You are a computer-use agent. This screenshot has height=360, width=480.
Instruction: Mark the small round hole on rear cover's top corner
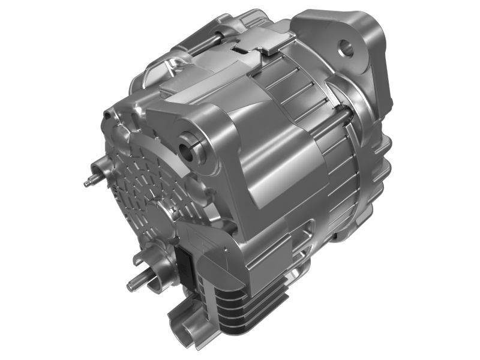109,113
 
